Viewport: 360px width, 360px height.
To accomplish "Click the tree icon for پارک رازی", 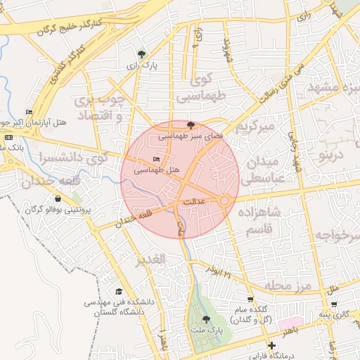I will coord(143,53).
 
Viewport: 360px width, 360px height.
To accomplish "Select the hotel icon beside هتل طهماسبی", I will coord(156,160).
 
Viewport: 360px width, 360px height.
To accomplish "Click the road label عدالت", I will coord(193,202).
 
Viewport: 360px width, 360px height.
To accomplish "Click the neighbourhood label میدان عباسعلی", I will coord(260,169).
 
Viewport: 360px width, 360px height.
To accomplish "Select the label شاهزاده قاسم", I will coord(259,220).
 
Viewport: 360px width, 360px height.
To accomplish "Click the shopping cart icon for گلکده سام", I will coord(251,299).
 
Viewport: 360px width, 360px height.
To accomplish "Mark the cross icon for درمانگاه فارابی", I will coord(272,345).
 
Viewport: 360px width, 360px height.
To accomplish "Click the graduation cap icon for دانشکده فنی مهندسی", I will coord(120,292).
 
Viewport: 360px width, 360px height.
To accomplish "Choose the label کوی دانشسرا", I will coord(75,157).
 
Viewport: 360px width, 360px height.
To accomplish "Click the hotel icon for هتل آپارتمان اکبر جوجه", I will coord(29,112).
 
